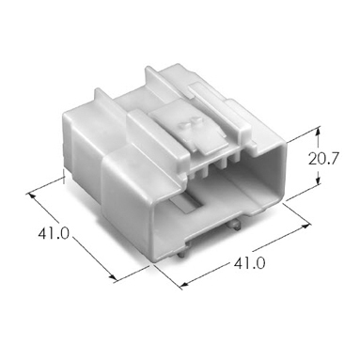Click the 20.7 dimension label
click(323, 159)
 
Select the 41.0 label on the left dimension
click(54, 233)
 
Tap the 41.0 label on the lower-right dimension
click(250, 263)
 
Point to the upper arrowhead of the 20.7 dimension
click(319, 131)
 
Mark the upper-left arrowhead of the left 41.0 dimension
click(31, 196)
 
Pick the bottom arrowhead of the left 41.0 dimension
click(113, 275)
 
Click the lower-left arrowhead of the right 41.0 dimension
click(184, 285)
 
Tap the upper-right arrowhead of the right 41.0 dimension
click(305, 226)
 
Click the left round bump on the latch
click(183, 126)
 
